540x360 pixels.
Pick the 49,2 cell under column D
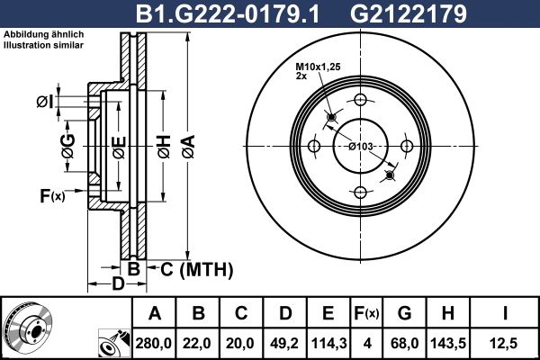[x=285, y=342]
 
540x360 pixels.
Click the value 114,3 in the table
[x=328, y=342]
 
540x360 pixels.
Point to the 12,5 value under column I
[x=505, y=342]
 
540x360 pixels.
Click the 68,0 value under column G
[x=406, y=342]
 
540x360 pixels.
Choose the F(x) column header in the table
[x=366, y=313]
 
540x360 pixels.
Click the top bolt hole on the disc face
[x=360, y=100]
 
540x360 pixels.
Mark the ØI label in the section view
[x=43, y=102]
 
